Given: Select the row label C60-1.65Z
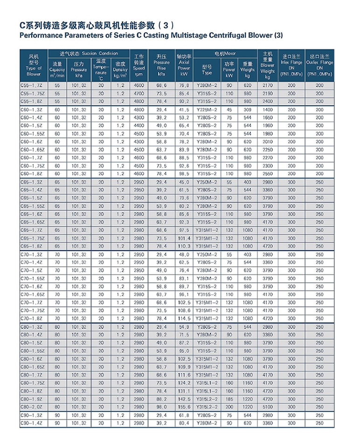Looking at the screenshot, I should tap(33, 150).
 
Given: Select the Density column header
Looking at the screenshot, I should tap(120, 69).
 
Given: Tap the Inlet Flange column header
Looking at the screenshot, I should tap(291, 65).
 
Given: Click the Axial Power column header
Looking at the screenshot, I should tap(184, 65).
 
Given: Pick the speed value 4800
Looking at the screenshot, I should tap(139, 110).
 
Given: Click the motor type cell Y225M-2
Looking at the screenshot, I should tap(207, 110).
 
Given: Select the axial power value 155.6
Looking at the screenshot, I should tap(184, 407).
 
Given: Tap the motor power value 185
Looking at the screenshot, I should tap(229, 399).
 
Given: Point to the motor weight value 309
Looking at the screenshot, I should tap(247, 110).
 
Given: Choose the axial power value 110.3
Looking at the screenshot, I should tap(184, 246).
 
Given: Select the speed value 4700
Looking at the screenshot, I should tap(139, 93).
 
